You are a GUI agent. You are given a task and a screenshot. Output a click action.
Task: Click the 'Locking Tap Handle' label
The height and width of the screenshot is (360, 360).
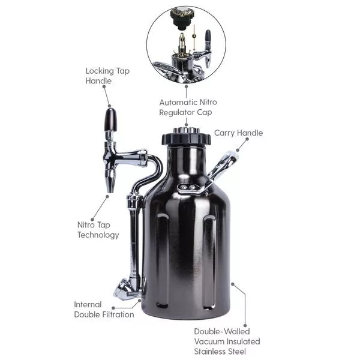107,76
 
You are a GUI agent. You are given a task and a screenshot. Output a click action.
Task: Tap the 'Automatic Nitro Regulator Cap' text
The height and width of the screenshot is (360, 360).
185,107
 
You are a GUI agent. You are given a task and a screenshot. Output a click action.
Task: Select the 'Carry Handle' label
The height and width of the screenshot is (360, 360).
238,133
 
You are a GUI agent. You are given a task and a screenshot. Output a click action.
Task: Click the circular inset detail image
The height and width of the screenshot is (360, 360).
186,45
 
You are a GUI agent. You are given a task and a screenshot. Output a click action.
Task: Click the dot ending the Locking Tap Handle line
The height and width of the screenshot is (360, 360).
110,105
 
